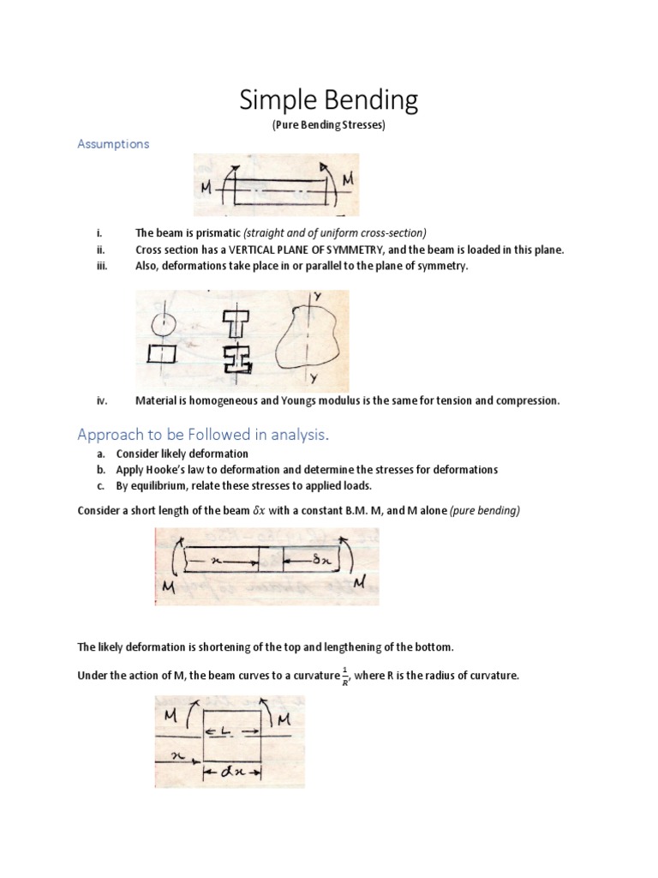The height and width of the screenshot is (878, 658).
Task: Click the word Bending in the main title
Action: (374, 101)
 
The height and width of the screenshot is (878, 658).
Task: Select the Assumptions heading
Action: (113, 144)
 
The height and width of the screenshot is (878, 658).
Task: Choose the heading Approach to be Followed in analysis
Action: (203, 435)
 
